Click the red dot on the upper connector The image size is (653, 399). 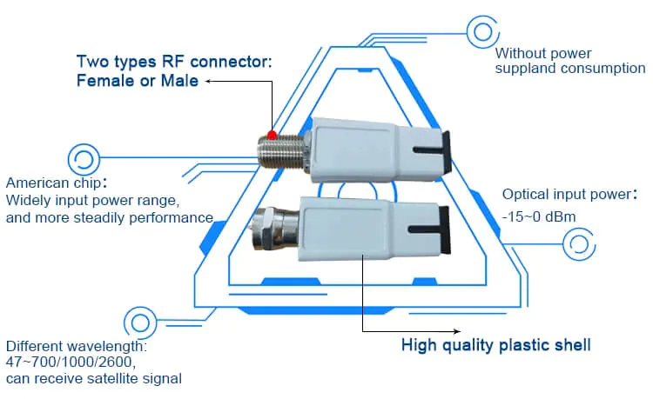point(273,135)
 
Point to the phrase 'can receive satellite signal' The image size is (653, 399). point(94,378)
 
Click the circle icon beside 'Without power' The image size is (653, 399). point(481,32)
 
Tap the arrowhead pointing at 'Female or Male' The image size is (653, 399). point(209,81)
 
